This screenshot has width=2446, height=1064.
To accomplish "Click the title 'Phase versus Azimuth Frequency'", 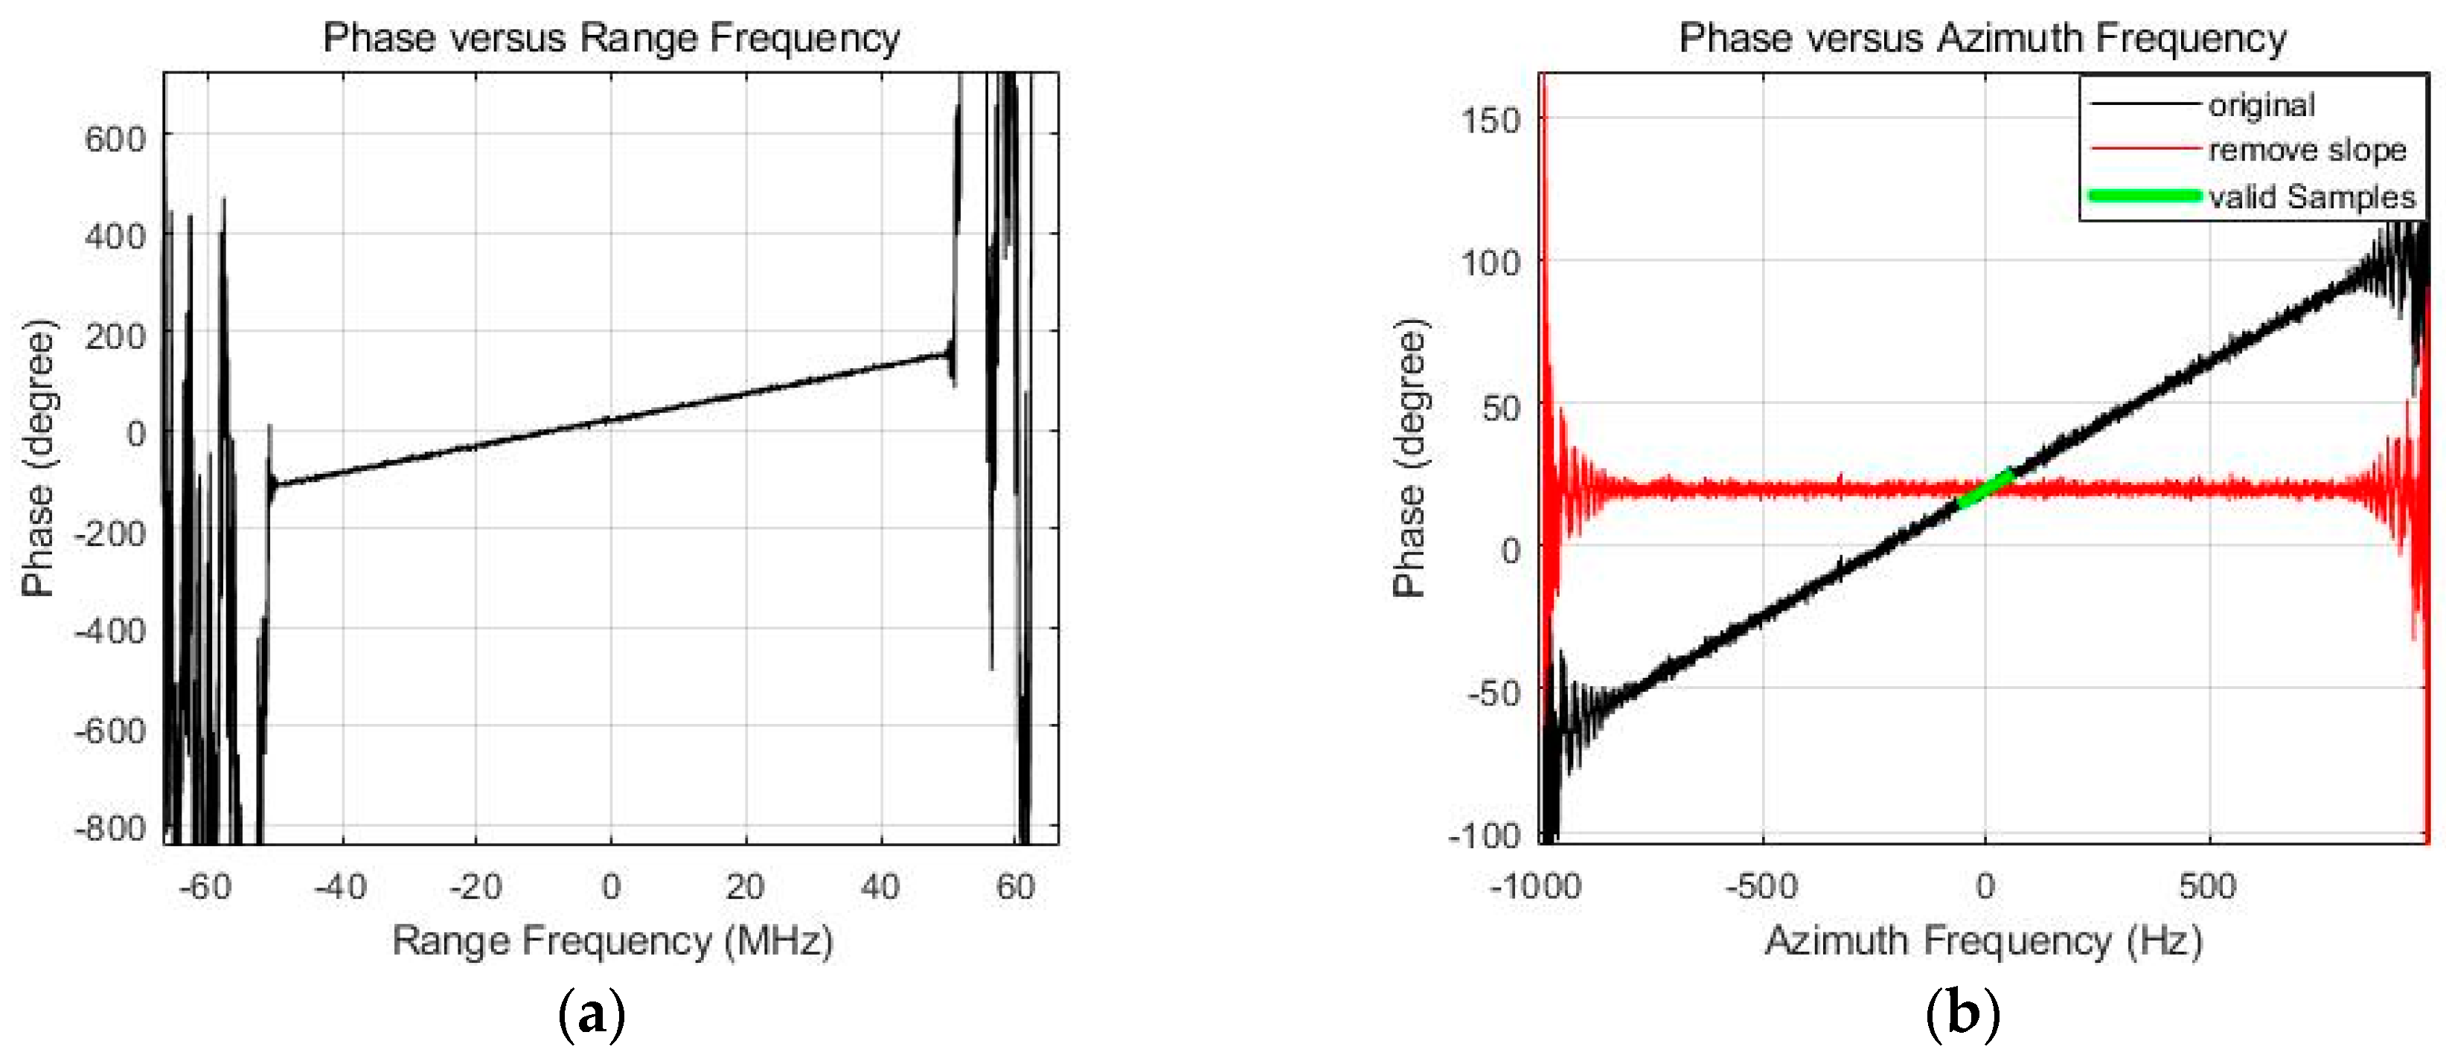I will tap(1982, 38).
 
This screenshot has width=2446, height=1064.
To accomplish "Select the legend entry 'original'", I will tap(2261, 104).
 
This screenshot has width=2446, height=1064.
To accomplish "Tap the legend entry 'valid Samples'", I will tap(2311, 196).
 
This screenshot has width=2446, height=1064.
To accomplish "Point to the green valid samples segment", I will tap(1985, 489).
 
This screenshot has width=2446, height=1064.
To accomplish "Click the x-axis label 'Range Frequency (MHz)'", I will tap(612, 940).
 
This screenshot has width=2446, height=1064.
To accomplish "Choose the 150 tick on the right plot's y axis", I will tap(1490, 121).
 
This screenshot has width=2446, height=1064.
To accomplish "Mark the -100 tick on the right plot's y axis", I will tap(1484, 836).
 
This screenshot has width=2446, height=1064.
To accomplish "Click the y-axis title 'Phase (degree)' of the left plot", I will tap(38, 458).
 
